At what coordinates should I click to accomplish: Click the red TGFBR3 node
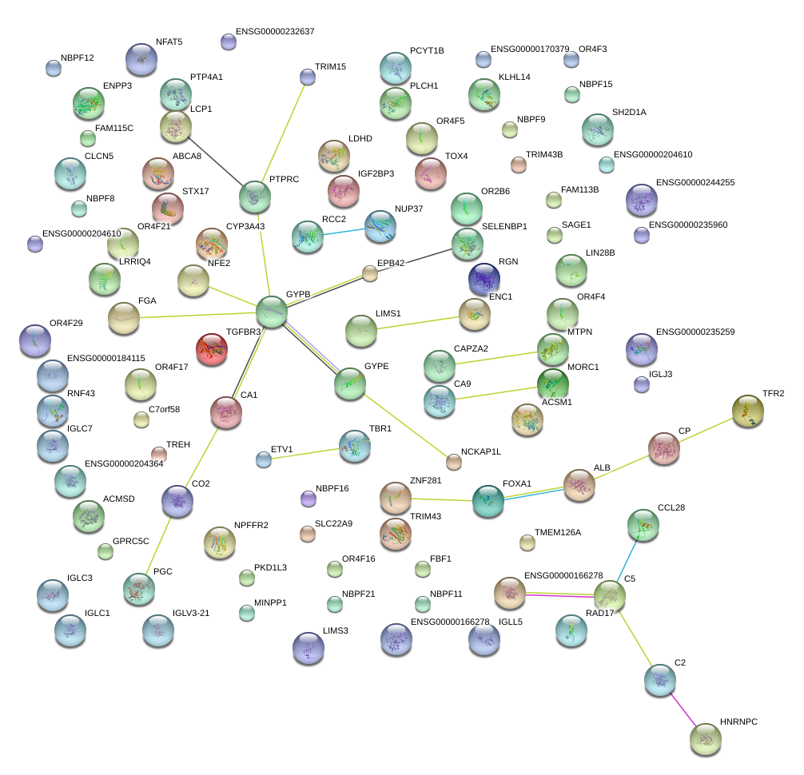pos(212,349)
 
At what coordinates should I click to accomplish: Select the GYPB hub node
pos(272,311)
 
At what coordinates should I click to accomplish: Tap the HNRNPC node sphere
pos(706,740)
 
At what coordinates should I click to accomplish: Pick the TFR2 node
pos(747,411)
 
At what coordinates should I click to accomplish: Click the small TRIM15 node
pos(308,77)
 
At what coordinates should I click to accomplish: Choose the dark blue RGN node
pos(484,279)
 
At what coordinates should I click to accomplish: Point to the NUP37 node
pos(380,226)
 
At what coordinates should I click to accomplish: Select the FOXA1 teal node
pos(488,501)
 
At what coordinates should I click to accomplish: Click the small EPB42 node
pos(369,274)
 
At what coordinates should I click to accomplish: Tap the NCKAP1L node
pos(454,461)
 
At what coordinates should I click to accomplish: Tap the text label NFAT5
pos(169,42)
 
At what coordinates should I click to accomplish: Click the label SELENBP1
pos(504,226)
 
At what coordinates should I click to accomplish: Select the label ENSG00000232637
pos(275,31)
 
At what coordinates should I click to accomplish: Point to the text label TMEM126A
pos(558,532)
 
